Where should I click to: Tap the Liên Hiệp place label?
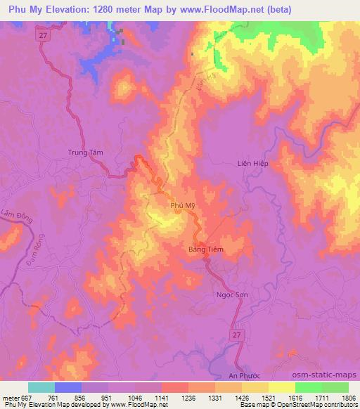254,163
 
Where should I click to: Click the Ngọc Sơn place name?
231,295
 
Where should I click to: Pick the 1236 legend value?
189,397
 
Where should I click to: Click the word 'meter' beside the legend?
11,397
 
